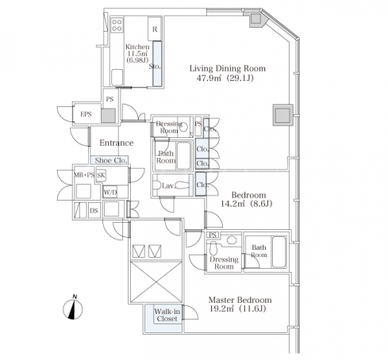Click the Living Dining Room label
[x=228, y=68]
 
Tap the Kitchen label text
[x=137, y=47]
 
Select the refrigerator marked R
[x=155, y=29]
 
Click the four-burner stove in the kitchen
[x=117, y=25]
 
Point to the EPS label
[x=86, y=114]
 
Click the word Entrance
[x=117, y=143]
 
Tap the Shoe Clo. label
[x=111, y=160]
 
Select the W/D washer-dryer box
[x=110, y=192]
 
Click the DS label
[x=94, y=211]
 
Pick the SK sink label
[x=101, y=175]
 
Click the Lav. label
[x=168, y=186]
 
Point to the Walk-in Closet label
[x=167, y=315]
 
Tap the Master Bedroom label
[x=240, y=300]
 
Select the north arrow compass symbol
[x=73, y=308]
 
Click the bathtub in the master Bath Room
[x=279, y=252]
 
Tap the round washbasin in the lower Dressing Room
[x=232, y=240]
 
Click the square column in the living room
[x=283, y=115]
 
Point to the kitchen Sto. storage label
[x=155, y=67]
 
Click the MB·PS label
[x=84, y=175]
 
